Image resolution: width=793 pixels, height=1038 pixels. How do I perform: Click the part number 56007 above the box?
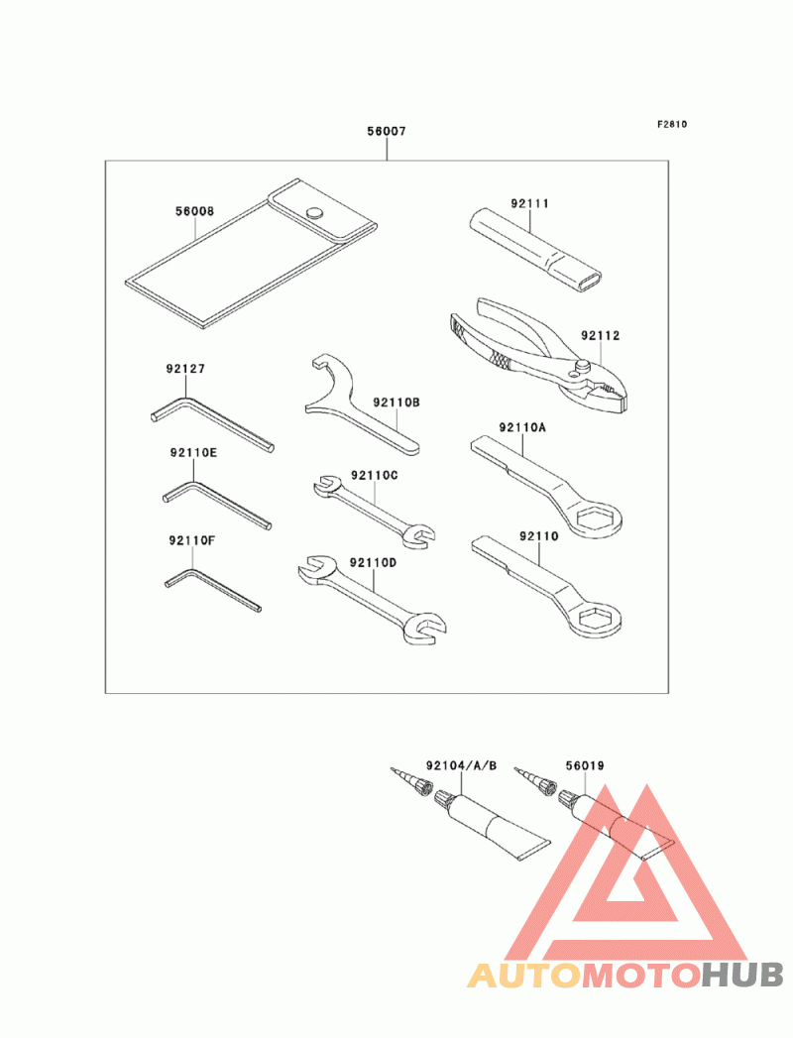coord(387,131)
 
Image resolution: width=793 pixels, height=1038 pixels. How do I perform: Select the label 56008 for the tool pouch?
coord(194,211)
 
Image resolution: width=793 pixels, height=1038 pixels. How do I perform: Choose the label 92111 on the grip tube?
coord(530,203)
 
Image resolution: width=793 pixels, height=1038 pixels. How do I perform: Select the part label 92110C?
coord(374,475)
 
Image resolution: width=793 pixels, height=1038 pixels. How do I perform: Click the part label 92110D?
coord(374,562)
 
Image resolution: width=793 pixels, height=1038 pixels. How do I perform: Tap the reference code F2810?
coord(671,125)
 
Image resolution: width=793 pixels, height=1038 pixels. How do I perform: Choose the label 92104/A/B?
coord(461,765)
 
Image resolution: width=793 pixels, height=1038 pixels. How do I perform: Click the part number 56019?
coord(585,765)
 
